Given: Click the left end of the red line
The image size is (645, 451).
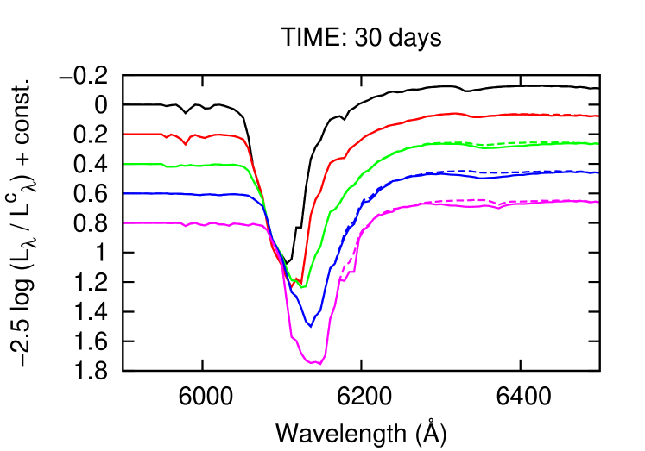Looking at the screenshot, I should pyautogui.click(x=125, y=134).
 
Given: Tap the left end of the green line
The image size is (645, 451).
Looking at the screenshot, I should pyautogui.click(x=125, y=163).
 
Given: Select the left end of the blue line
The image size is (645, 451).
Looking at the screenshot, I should pyautogui.click(x=125, y=193).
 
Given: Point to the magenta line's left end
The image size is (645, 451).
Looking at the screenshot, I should pyautogui.click(x=125, y=222).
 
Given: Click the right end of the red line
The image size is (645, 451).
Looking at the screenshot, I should pyautogui.click(x=598, y=116).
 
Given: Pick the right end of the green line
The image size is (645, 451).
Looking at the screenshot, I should pyautogui.click(x=598, y=143).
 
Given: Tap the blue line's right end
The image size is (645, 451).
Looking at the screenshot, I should pyautogui.click(x=598, y=172).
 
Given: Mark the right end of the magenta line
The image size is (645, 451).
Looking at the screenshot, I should pyautogui.click(x=598, y=202).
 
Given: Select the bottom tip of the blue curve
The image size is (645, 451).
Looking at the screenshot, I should pyautogui.click(x=310, y=327).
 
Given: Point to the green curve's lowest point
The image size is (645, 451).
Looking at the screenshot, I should pyautogui.click(x=303, y=286).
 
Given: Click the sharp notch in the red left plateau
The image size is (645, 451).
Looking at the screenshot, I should pyautogui.click(x=185, y=144).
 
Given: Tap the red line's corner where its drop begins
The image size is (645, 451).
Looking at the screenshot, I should pyautogui.click(x=245, y=139).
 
